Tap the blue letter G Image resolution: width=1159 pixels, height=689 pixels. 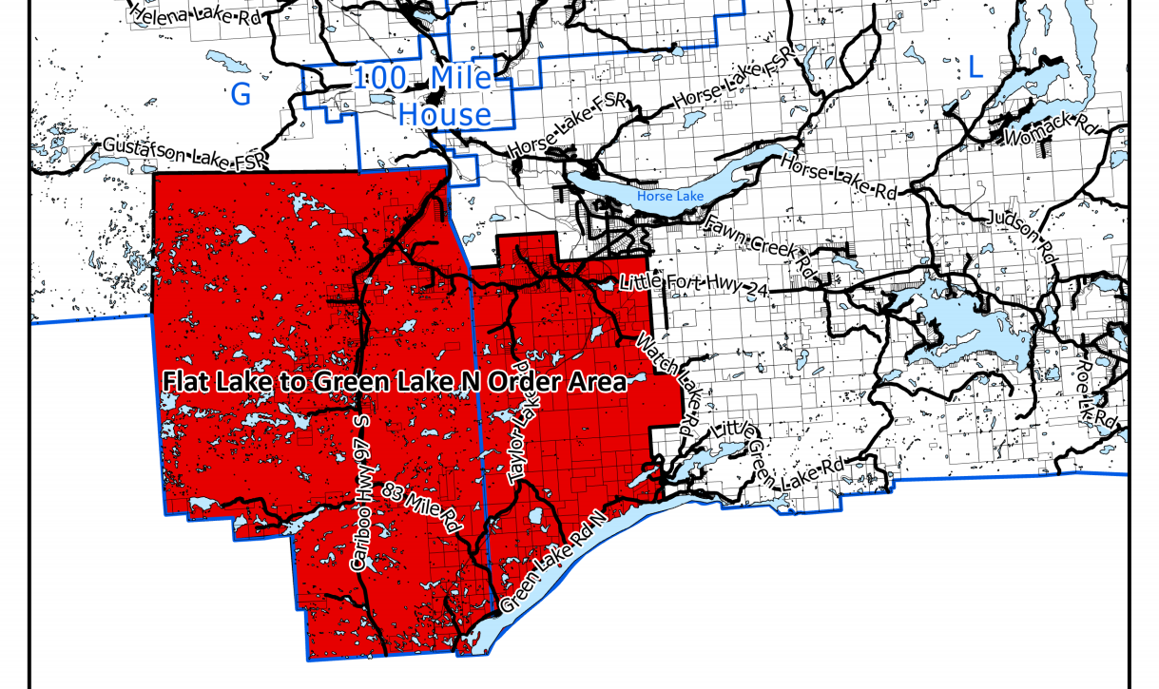click(x=241, y=94)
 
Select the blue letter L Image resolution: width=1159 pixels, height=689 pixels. click(x=975, y=67)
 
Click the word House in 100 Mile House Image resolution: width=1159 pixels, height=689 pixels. click(x=444, y=115)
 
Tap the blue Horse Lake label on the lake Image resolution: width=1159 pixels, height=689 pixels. click(x=670, y=196)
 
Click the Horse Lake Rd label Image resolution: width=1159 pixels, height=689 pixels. click(x=839, y=176)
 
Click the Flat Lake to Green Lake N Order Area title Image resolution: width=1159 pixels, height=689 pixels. click(x=395, y=382)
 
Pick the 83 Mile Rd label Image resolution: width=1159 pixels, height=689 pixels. click(x=421, y=507)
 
